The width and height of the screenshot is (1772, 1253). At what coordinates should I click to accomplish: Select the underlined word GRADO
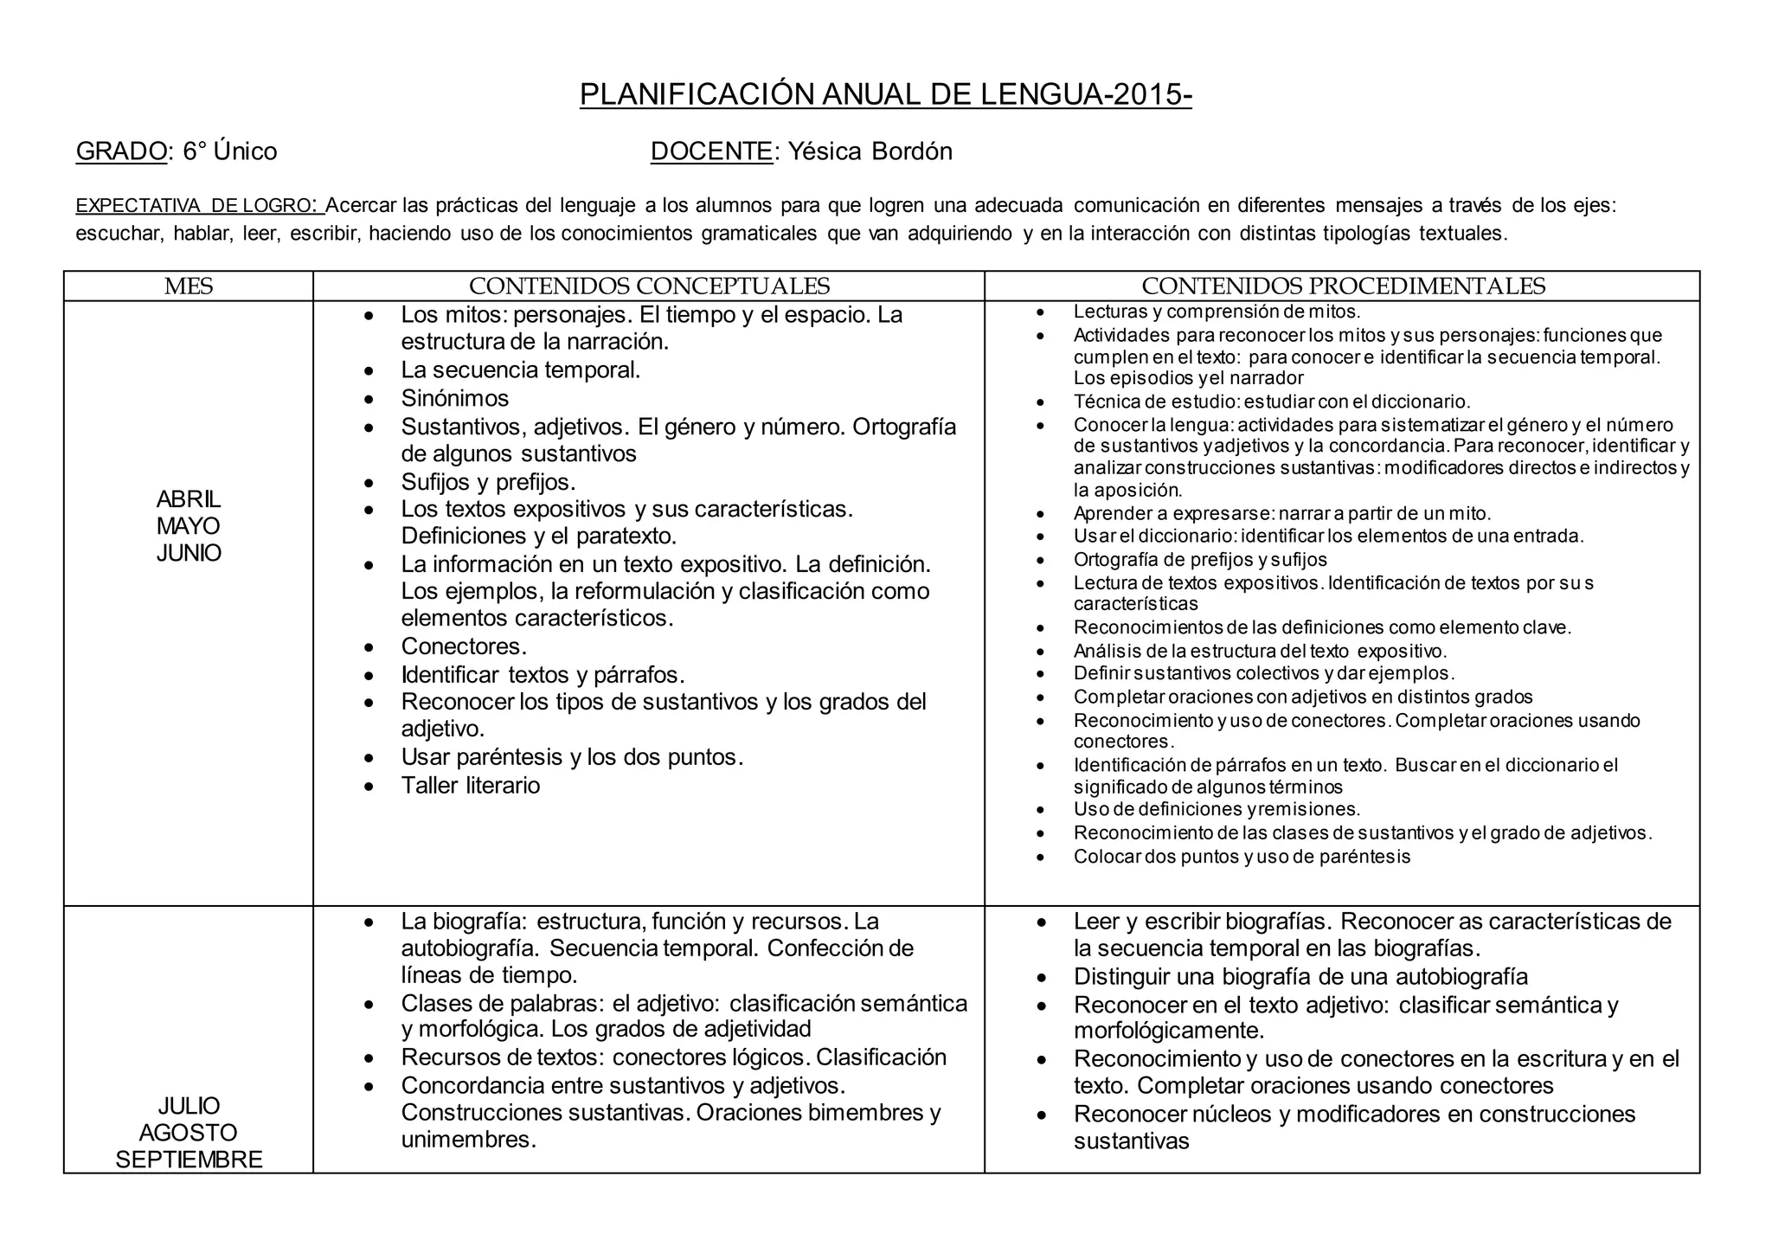[120, 151]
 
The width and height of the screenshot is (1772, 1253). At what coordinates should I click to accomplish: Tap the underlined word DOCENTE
[711, 151]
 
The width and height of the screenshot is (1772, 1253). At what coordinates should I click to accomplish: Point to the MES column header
[188, 286]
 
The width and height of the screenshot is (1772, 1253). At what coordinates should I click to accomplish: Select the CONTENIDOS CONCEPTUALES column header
[649, 286]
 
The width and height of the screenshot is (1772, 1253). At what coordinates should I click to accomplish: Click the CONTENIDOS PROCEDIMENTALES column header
[1343, 286]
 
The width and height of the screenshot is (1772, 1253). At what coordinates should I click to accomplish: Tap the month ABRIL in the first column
[188, 499]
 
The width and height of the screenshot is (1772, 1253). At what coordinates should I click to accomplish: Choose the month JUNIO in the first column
[188, 553]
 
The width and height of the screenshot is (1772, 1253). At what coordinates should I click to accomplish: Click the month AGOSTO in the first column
[188, 1133]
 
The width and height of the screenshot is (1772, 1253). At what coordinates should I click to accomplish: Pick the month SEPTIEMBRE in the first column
[188, 1160]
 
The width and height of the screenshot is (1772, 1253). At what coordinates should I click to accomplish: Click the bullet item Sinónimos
[454, 399]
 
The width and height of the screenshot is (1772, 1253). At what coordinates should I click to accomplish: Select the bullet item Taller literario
[470, 786]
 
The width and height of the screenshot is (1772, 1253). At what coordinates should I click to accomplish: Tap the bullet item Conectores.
[464, 646]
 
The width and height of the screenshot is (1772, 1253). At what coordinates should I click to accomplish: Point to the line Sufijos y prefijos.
[488, 482]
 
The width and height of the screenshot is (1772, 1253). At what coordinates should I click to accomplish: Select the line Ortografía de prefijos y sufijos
[1199, 560]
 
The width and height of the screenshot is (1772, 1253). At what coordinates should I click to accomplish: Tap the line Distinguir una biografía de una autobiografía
[1300, 977]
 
